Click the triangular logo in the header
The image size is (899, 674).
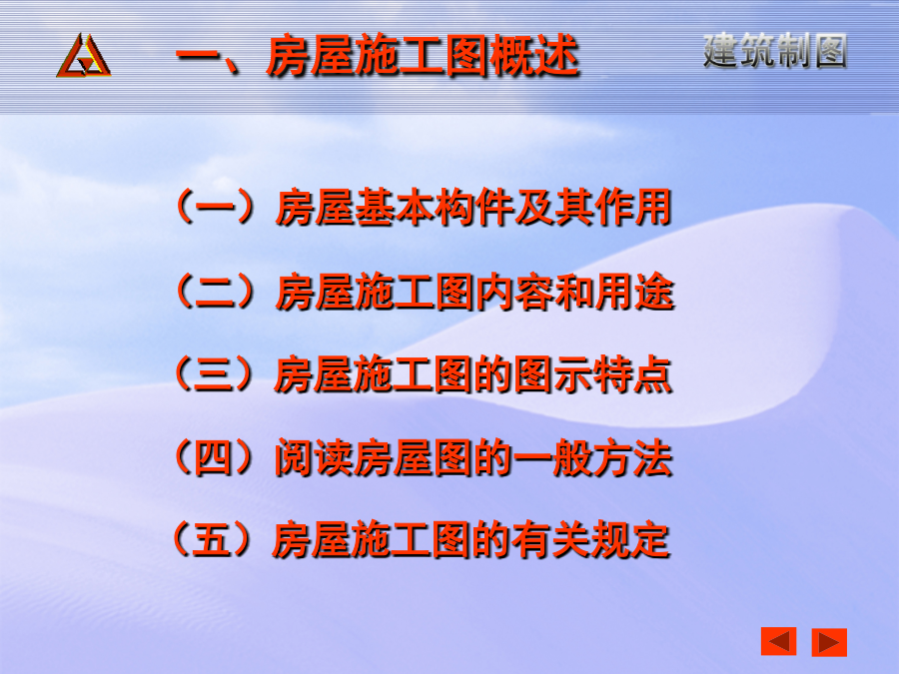click(84, 56)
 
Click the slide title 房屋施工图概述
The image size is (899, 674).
click(423, 56)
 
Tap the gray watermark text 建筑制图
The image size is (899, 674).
click(775, 51)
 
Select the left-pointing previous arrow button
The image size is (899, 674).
click(778, 641)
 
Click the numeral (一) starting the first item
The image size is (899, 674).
click(215, 207)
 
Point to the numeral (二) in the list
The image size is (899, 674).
click(215, 292)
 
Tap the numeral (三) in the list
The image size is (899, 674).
click(214, 374)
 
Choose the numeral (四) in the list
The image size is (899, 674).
click(214, 457)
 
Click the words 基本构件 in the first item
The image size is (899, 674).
click(435, 207)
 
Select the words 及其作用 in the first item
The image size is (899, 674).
click(592, 207)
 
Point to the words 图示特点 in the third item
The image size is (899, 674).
click(592, 374)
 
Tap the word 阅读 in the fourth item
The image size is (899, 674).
click(314, 458)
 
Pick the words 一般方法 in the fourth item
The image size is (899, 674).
click(592, 458)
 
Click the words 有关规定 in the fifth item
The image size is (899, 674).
click(590, 540)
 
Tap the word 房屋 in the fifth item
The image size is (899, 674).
click(312, 540)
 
